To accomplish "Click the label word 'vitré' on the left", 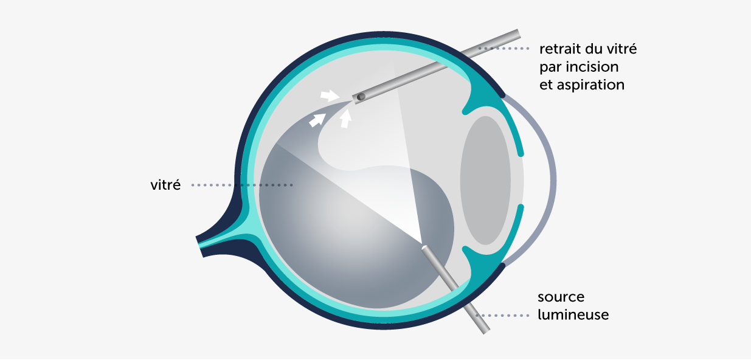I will click(165, 185).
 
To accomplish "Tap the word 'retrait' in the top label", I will click(560, 48).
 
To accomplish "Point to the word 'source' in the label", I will click(561, 297).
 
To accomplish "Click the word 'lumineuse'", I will click(573, 315).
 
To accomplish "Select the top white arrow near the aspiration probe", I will click(328, 95).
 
